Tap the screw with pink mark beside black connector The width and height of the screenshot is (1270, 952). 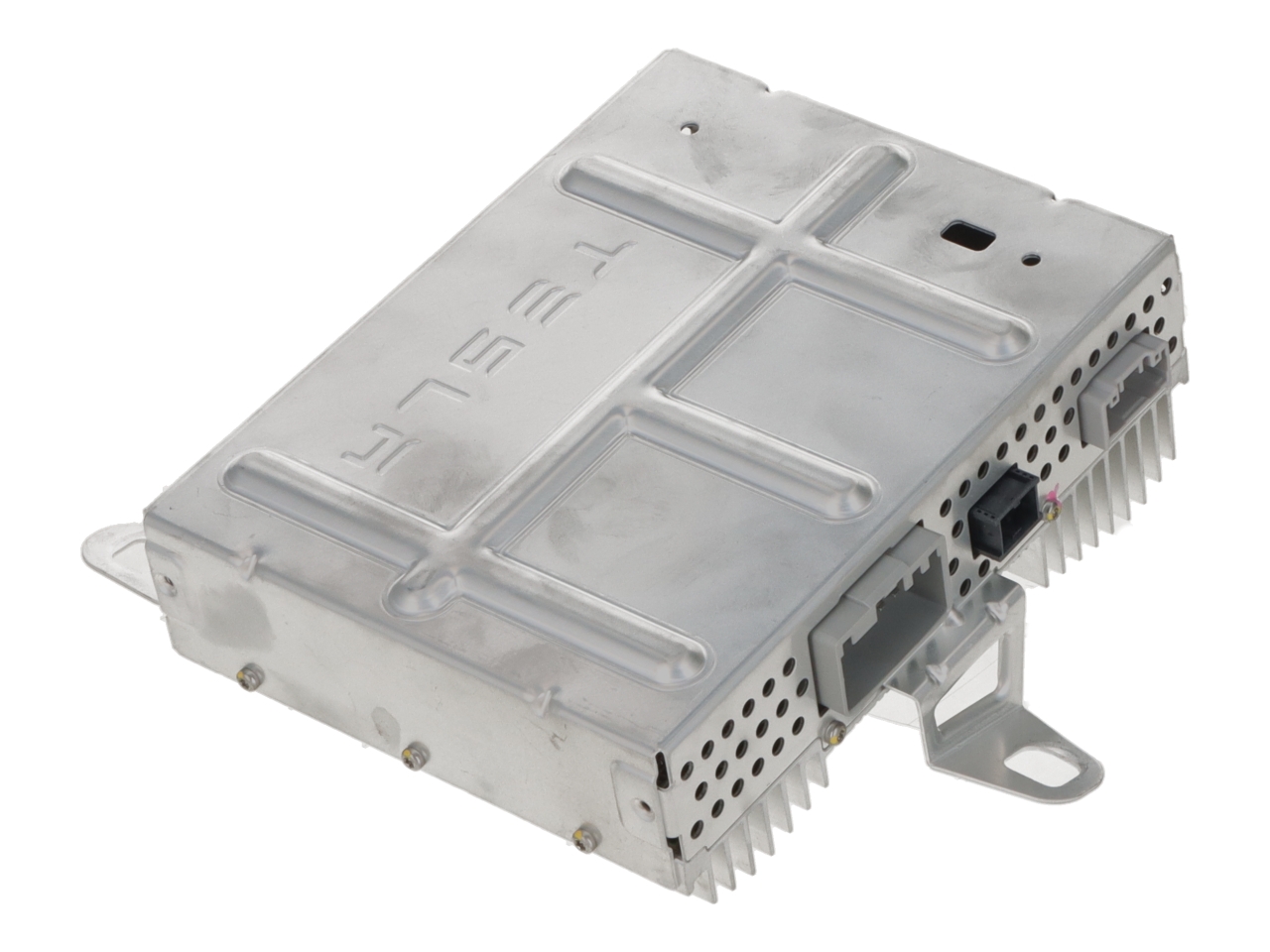(x=1052, y=509)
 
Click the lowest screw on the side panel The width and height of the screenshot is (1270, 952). (x=579, y=842)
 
